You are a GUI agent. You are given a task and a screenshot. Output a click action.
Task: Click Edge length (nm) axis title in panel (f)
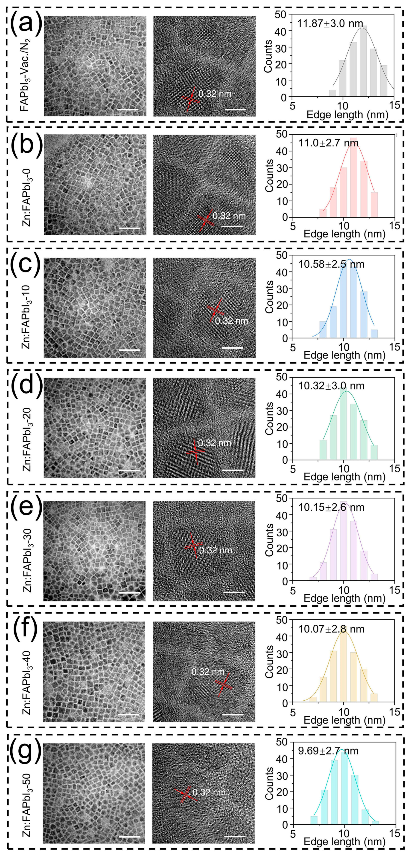(x=344, y=720)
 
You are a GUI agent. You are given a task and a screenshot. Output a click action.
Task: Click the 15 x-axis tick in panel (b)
(x=395, y=226)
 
